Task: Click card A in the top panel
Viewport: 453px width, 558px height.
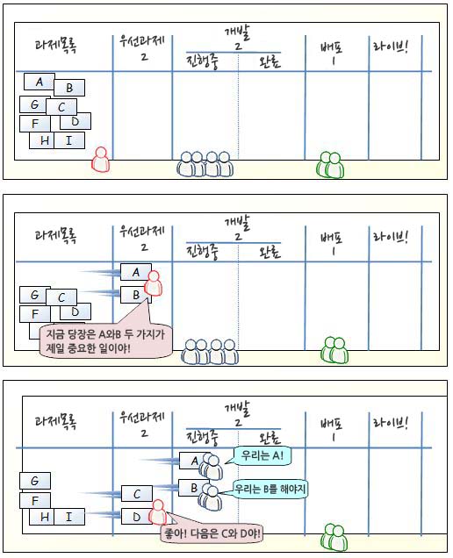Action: coord(39,82)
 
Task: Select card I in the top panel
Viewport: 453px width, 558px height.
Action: coord(68,140)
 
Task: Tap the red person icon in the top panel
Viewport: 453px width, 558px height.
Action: coord(101,160)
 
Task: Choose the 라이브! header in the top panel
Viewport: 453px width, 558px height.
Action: coord(392,49)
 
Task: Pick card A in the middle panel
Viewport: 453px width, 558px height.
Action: coord(135,272)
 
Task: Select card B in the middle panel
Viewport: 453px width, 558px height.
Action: coord(135,296)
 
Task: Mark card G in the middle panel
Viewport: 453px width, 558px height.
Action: coord(34,296)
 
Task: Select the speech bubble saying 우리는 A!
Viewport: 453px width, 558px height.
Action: coord(261,456)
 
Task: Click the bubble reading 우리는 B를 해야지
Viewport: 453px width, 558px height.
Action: coord(270,488)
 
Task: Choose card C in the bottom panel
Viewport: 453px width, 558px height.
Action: coord(136,494)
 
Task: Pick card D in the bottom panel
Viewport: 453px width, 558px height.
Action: coord(136,517)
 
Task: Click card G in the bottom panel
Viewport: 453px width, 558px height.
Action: coord(34,481)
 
